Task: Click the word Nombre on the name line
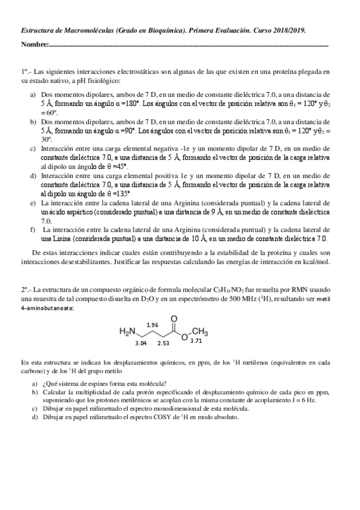point(33,45)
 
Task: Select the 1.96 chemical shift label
point(153,325)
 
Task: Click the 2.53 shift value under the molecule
point(163,343)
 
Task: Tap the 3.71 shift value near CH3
point(196,341)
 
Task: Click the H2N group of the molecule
point(128,331)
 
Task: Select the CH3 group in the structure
point(200,331)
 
